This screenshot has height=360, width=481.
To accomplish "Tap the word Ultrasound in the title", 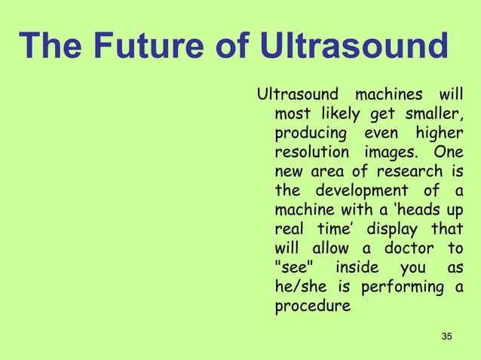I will tap(353, 47).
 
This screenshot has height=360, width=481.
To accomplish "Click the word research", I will tap(409, 172).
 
